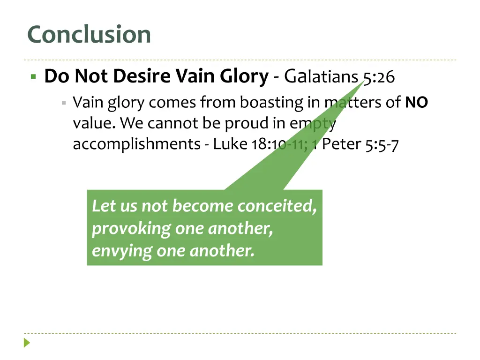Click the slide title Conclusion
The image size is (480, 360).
point(89,35)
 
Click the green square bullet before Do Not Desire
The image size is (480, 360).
point(33,76)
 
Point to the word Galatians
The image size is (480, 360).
point(322,76)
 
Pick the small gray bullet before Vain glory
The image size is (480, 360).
point(63,102)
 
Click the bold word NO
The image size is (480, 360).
point(416,102)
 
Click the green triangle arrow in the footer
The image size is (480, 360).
point(27,343)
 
